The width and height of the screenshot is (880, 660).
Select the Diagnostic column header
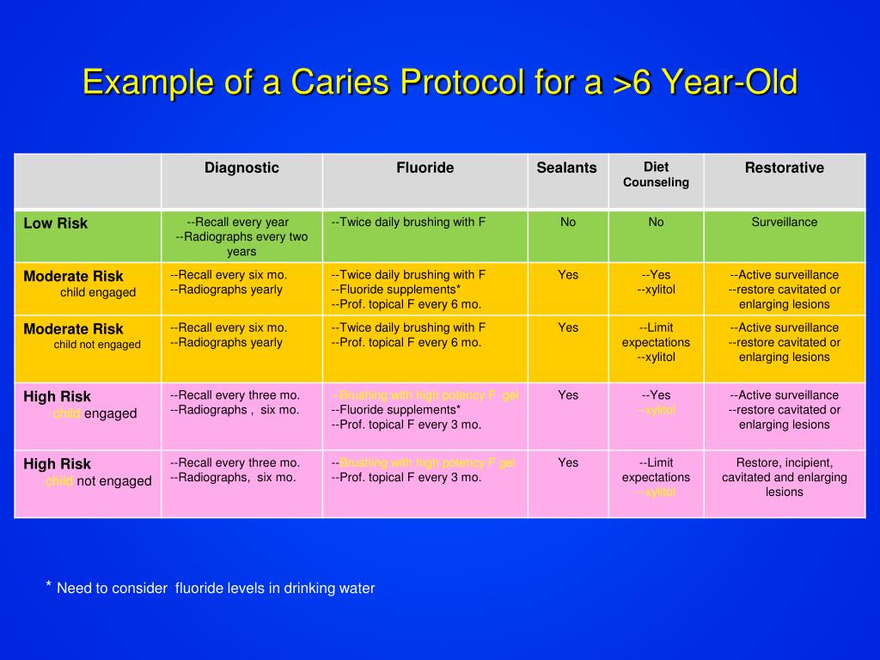(x=241, y=168)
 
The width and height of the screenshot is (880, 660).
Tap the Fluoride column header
(x=425, y=168)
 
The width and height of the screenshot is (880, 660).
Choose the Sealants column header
(x=566, y=168)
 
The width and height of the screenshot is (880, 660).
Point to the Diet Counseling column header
(x=656, y=174)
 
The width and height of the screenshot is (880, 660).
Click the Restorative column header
(x=784, y=168)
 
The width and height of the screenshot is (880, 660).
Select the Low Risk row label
(x=56, y=223)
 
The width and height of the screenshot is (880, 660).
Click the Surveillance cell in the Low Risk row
(x=784, y=222)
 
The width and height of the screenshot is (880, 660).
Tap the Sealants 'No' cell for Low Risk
(x=568, y=222)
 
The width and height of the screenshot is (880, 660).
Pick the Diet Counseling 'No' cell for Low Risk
(x=656, y=222)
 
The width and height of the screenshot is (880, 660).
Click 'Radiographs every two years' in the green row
(x=241, y=244)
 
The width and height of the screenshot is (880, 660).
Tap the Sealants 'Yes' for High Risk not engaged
(x=568, y=462)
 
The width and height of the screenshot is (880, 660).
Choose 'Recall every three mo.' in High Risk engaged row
(x=235, y=395)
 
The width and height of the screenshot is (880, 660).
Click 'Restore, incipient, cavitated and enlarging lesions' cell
(x=784, y=477)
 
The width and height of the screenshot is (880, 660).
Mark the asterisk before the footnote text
(x=49, y=585)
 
